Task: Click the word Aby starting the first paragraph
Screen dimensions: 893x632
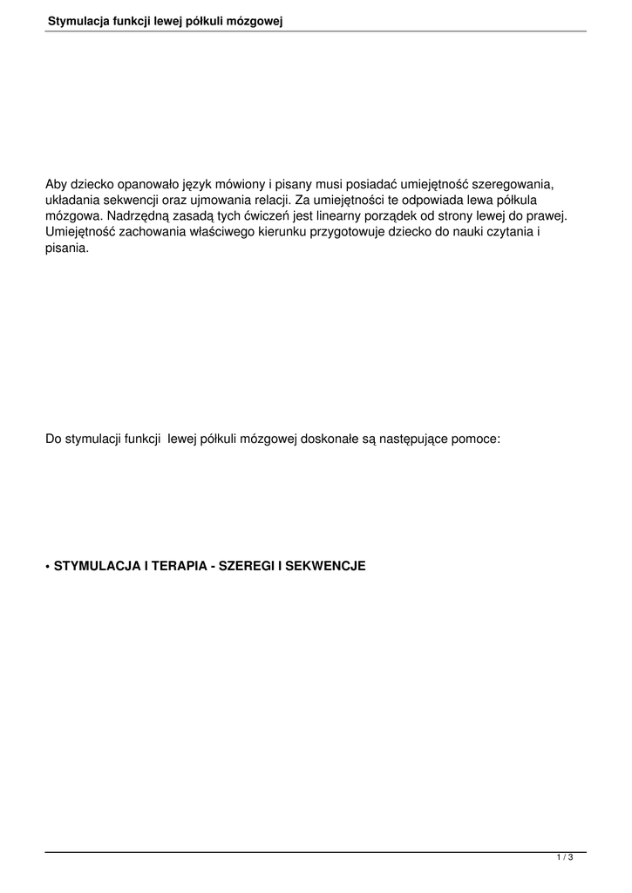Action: coord(57,184)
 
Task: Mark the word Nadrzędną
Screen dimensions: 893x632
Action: coord(139,215)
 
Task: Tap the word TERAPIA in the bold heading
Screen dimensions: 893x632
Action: coord(179,566)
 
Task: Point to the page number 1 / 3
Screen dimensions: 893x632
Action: coord(565,859)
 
